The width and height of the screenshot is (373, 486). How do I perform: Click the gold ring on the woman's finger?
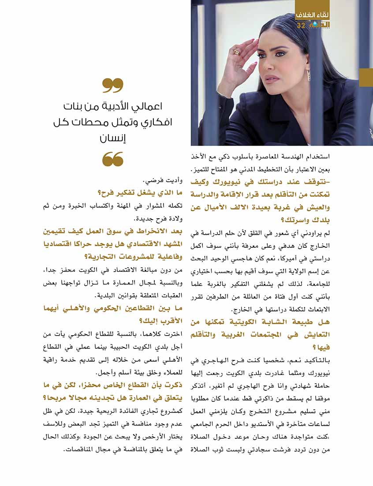237,52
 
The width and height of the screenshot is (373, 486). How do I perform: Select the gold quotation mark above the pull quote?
113,86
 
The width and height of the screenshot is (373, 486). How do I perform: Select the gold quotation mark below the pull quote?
113,159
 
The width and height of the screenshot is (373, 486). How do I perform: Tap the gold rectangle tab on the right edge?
366,77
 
